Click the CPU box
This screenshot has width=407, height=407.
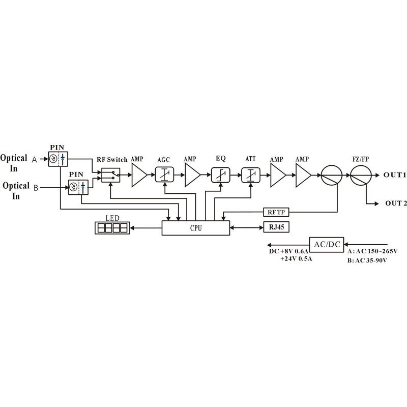[195, 228]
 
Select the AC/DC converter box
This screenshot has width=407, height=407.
[327, 244]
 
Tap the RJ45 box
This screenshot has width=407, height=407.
[276, 227]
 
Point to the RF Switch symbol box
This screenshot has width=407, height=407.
[111, 176]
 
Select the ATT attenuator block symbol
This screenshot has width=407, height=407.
[250, 176]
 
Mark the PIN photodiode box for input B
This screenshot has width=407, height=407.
[78, 188]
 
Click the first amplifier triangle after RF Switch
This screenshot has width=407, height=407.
[139, 176]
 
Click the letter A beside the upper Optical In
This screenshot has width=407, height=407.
[35, 160]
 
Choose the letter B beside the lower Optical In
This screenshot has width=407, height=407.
[36, 188]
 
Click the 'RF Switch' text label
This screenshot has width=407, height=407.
[112, 160]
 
